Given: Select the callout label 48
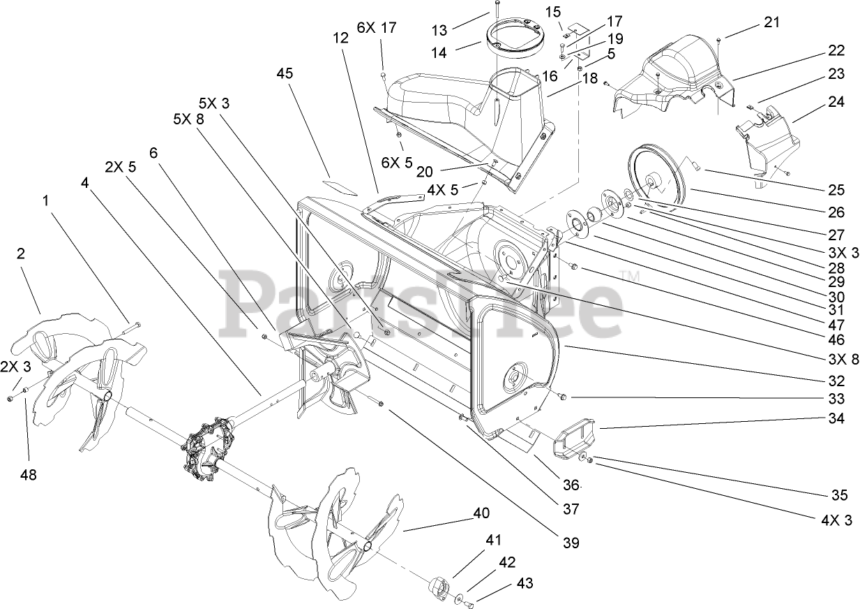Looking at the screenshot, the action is [28, 474].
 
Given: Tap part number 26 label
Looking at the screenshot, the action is [836, 212].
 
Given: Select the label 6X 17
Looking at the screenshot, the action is [377, 28].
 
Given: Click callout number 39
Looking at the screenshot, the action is [568, 542].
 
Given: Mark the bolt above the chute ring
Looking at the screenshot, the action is [495, 10].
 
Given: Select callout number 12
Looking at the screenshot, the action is [340, 39].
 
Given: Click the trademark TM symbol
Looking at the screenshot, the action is [633, 277].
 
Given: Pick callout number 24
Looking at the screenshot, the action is [836, 102].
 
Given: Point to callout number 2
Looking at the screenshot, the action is [21, 254].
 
